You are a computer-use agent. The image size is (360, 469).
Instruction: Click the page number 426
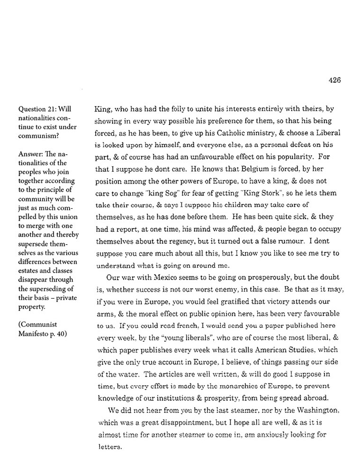pos(334,80)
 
